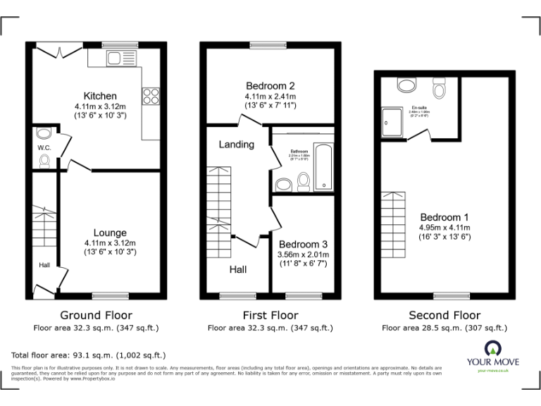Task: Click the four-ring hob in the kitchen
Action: pyautogui.click(x=150, y=95)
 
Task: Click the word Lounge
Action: pyautogui.click(x=110, y=233)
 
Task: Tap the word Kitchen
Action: pyautogui.click(x=100, y=96)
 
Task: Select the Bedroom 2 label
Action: pyautogui.click(x=270, y=86)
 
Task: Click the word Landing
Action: pyautogui.click(x=236, y=144)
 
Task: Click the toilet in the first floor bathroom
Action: pyautogui.click(x=304, y=182)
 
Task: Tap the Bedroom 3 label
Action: pyautogui.click(x=302, y=243)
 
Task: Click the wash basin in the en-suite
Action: pyautogui.click(x=406, y=85)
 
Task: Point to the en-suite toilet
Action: pyautogui.click(x=440, y=89)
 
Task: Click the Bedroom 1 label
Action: pyautogui.click(x=444, y=217)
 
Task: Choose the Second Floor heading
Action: pyautogui.click(x=444, y=315)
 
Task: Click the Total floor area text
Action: pyautogui.click(x=89, y=355)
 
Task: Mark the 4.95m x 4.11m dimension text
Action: pyautogui.click(x=444, y=228)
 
